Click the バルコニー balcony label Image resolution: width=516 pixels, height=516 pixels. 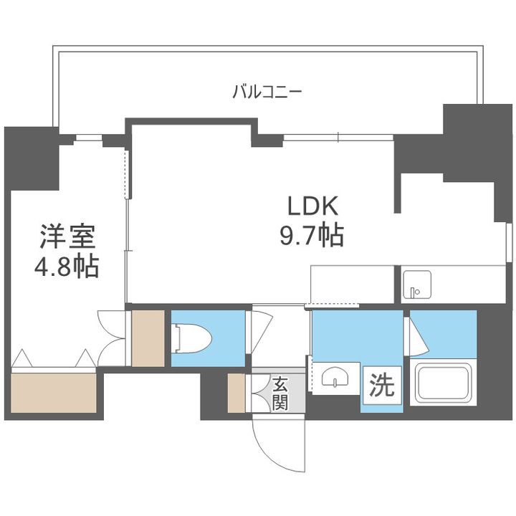267,92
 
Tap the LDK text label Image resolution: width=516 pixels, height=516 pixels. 312,206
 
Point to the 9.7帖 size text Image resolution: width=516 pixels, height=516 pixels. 312,235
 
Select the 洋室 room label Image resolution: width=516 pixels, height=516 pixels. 67,236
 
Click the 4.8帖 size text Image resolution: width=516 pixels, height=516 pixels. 67,266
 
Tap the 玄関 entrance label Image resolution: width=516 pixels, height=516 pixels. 280,394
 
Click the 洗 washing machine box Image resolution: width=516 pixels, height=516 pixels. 382,385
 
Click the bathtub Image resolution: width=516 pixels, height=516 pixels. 443,383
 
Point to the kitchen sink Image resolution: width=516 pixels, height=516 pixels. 416,285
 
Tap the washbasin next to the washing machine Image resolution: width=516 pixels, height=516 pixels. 335,377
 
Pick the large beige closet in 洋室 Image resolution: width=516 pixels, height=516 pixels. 54,393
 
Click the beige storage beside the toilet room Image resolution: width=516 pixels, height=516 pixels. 148,338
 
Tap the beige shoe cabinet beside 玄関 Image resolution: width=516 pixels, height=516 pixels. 236,393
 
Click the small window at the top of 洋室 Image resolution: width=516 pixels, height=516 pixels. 87,138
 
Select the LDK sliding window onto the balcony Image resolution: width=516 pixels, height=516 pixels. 338,137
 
